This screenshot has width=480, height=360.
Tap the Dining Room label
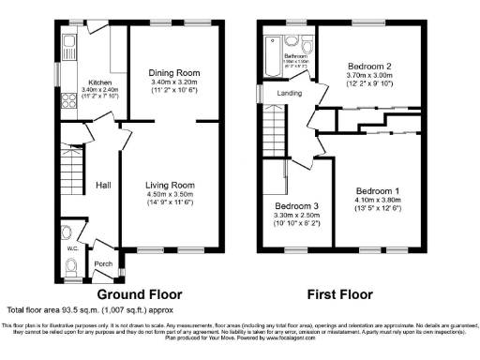(x=174, y=72)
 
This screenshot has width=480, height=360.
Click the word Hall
(x=104, y=185)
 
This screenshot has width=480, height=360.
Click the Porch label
(x=103, y=263)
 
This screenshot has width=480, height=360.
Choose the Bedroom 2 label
(x=369, y=66)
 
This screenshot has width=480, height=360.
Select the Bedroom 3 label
(x=296, y=206)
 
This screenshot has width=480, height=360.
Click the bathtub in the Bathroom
(x=273, y=48)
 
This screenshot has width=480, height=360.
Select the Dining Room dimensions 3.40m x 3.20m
(x=174, y=82)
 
